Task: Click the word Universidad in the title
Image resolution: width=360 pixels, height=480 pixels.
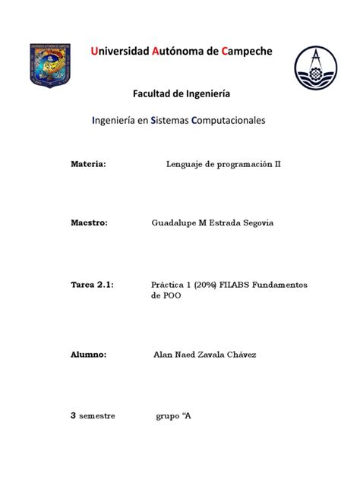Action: pos(119,52)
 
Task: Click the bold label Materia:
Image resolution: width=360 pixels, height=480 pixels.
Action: pos(87,163)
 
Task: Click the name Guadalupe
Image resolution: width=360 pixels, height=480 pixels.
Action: pos(174,223)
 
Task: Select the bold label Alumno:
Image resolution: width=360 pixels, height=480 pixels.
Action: pos(88,355)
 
